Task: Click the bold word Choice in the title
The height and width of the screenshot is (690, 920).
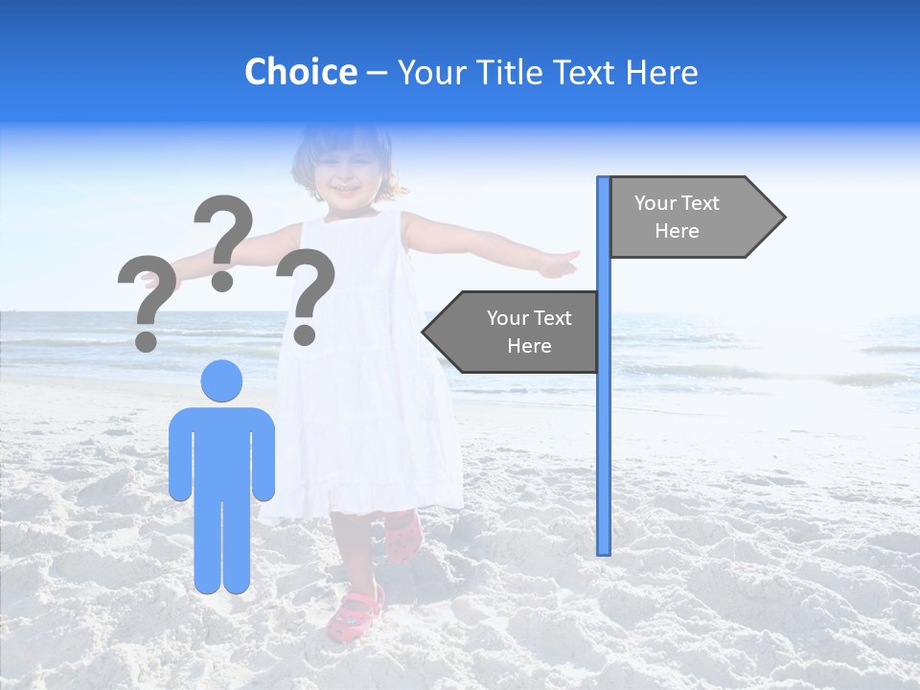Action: (300, 73)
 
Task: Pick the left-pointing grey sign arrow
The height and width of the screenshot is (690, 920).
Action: (513, 332)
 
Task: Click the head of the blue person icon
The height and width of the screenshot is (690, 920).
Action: (221, 380)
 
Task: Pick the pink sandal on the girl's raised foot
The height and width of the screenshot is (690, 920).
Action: (402, 537)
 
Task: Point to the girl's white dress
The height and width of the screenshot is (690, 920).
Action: (369, 402)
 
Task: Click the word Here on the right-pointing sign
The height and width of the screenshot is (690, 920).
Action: (677, 231)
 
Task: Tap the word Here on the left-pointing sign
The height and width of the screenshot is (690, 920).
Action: (529, 346)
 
